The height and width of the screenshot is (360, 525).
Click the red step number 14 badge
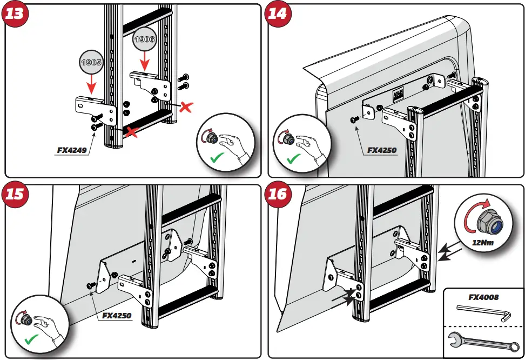pyautogui.click(x=278, y=14)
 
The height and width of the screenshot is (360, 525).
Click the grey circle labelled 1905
pyautogui.click(x=91, y=62)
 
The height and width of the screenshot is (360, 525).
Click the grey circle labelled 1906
pyautogui.click(x=145, y=39)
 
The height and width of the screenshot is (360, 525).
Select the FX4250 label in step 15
pyautogui.click(x=117, y=315)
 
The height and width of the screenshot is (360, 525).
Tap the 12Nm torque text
pyautogui.click(x=482, y=243)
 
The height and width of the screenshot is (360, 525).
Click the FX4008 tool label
pyautogui.click(x=483, y=297)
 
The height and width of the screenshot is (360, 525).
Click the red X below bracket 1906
pyautogui.click(x=185, y=107)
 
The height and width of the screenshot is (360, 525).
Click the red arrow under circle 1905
pyautogui.click(x=91, y=84)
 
